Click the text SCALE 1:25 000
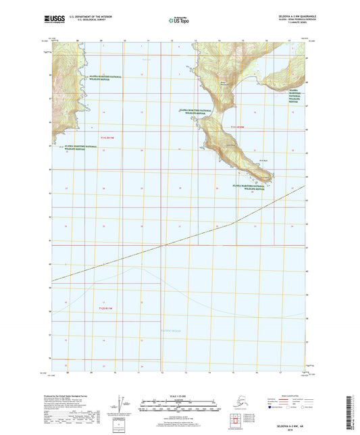180,396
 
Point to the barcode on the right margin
352,409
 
